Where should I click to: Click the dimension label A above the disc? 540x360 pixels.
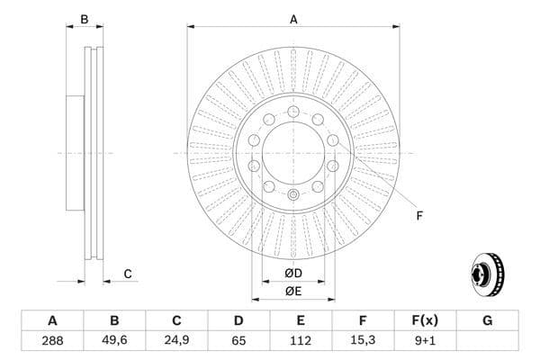coord(293,18)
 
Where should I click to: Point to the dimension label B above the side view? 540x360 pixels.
coord(85,19)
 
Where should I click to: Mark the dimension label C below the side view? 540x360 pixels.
coord(128,274)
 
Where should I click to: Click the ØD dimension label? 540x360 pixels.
coord(293,273)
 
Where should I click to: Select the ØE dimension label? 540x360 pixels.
coord(293,290)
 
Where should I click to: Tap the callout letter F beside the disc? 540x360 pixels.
coord(418,214)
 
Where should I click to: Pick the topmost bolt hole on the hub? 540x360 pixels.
coord(293,111)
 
